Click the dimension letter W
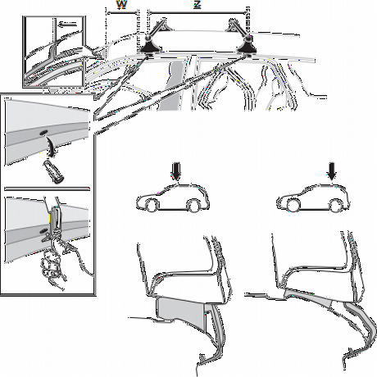pos(121,5)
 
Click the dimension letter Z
pos(198,5)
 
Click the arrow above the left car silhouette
pos(176,171)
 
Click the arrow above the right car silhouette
pos(332,171)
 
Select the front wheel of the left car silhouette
pos(152,205)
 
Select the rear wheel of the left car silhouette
pos(193,206)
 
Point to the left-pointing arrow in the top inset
pos(67,25)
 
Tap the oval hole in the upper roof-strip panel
pos(43,133)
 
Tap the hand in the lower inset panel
pos(55,260)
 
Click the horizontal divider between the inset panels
pos(47,188)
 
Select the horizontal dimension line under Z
pos(198,12)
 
